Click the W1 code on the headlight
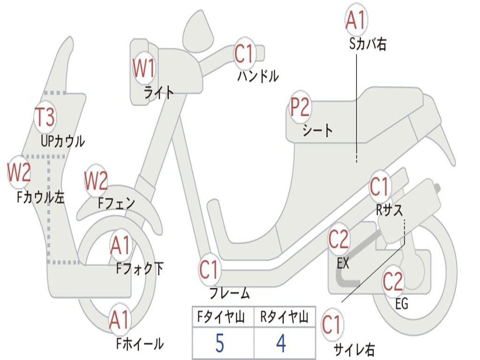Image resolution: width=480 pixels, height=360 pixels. point(143,68)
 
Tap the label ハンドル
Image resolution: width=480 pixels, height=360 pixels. point(257,76)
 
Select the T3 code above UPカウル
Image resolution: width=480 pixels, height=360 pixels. point(45,117)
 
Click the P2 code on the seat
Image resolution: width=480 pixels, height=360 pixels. point(300,107)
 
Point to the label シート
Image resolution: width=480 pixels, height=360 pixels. point(317,130)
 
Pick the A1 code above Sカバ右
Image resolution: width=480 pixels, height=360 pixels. point(355,20)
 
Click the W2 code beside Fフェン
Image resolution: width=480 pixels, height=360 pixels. point(96,180)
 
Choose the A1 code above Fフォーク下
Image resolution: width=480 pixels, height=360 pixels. point(121,246)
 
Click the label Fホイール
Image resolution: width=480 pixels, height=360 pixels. point(140,344)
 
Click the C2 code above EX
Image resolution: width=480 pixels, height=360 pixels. point(338,240)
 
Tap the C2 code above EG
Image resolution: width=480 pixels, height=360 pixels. point(393,281)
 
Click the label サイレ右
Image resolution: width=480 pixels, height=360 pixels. point(354,349)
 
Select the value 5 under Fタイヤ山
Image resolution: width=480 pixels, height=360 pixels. point(219,344)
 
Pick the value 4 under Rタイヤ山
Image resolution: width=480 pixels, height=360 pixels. point(281,344)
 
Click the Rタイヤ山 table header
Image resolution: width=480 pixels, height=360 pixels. point(284,318)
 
